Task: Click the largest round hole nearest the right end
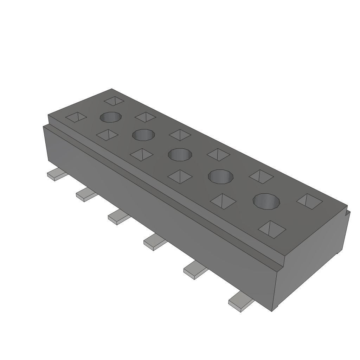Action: coord(267,201)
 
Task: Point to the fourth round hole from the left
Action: coord(221,176)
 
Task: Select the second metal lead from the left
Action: coord(86,194)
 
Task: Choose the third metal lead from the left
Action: coord(118,217)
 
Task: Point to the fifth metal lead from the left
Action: coord(194,270)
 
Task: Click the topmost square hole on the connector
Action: coord(114,101)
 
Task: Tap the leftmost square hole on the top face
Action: coord(76,117)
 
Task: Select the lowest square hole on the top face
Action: coord(272,229)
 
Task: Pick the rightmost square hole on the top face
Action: coord(309,200)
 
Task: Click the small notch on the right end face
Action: coord(348,212)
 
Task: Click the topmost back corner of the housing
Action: coord(112,89)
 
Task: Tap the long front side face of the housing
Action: coord(158,207)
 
